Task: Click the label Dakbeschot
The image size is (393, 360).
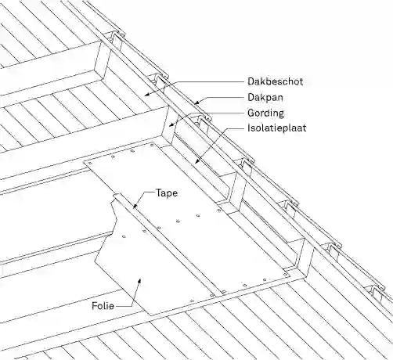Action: (x=276, y=81)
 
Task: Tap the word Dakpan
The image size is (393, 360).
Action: (x=265, y=97)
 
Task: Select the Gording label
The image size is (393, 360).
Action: (x=265, y=113)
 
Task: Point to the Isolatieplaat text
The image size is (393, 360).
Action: (x=277, y=128)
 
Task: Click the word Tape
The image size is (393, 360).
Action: (x=167, y=193)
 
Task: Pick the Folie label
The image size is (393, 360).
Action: (x=103, y=305)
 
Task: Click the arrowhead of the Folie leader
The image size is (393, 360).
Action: (x=139, y=281)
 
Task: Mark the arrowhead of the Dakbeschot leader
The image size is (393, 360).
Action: (x=147, y=95)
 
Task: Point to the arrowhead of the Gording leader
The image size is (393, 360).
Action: (x=171, y=124)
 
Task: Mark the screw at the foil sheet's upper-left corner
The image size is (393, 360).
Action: (x=90, y=164)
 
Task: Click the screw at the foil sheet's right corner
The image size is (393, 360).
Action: (x=286, y=275)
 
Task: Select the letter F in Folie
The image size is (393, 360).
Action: (x=95, y=305)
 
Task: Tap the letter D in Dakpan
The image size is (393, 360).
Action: (x=251, y=97)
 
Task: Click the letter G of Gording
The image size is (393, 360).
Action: (x=251, y=113)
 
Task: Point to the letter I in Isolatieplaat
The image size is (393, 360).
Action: (x=249, y=128)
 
